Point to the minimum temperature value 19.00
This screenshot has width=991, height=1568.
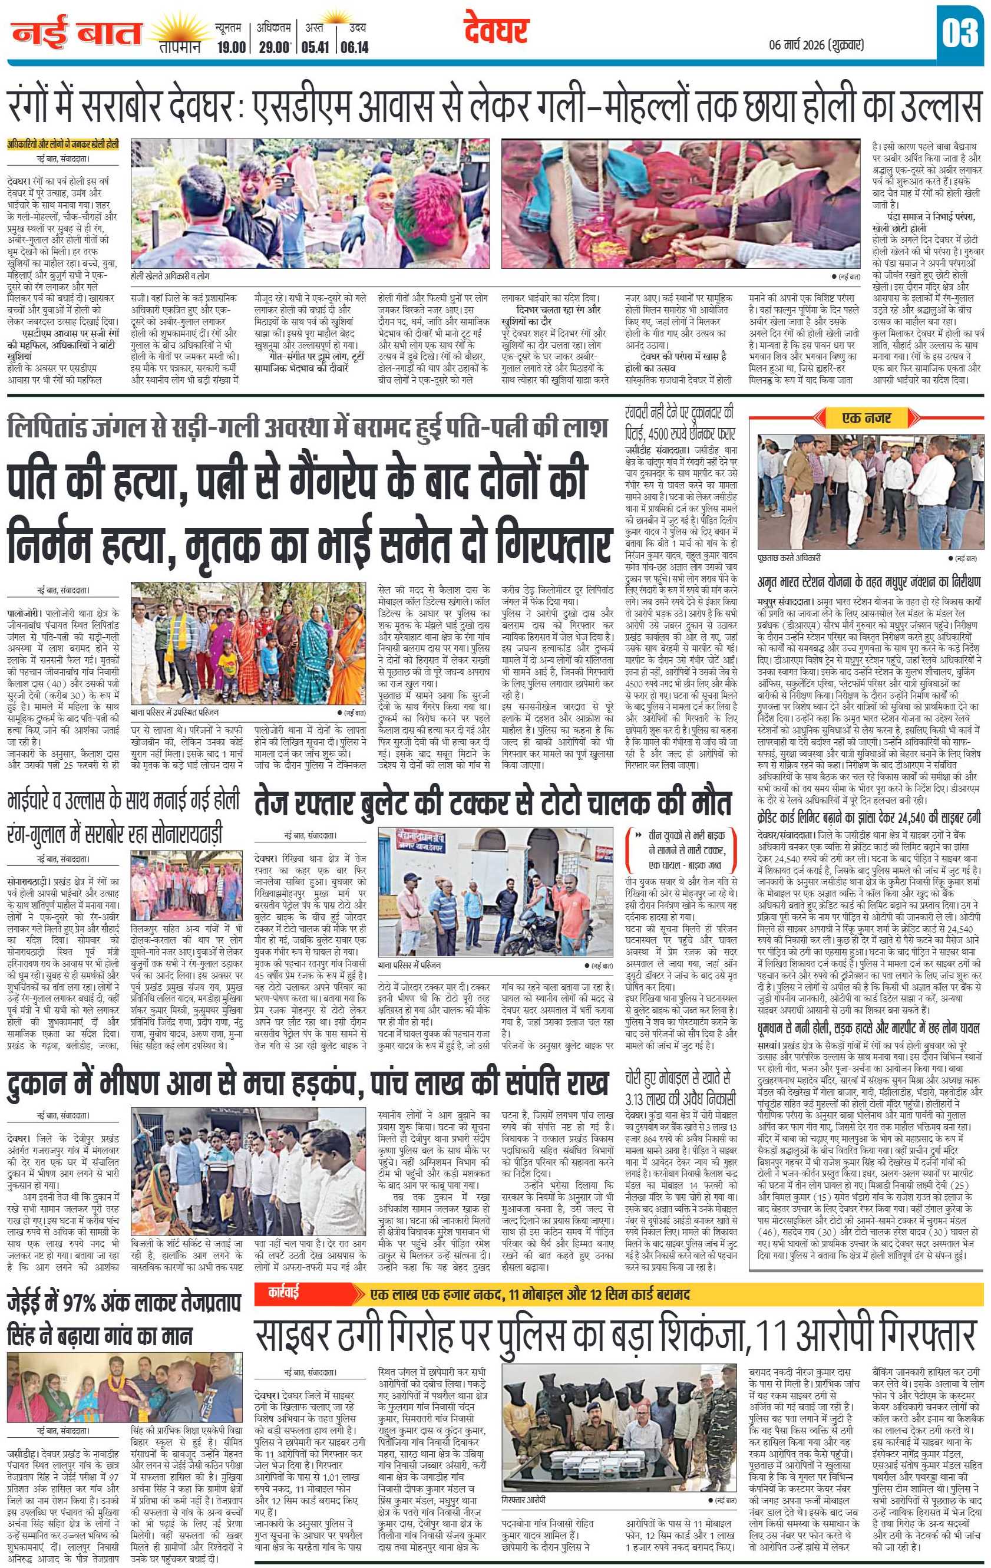[x=230, y=47]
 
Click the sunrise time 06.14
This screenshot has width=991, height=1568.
[x=354, y=47]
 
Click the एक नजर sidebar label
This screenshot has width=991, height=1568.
[x=866, y=417]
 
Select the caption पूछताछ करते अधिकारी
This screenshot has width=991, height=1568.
[x=790, y=558]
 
